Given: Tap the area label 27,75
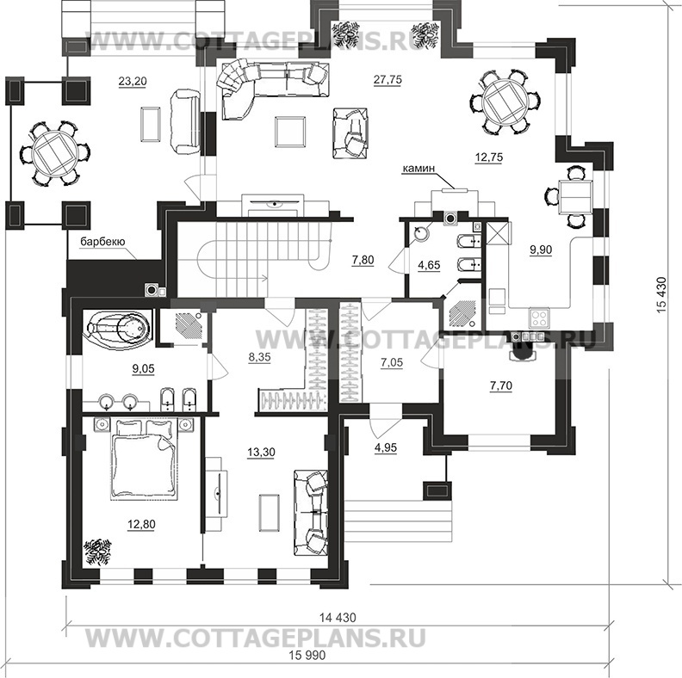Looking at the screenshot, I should [x=389, y=80].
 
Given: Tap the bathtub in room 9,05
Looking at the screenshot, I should [x=119, y=328].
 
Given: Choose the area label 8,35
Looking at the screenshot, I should [x=259, y=357].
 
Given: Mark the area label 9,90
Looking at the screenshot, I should [x=542, y=250].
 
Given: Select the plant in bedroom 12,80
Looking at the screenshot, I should [x=97, y=549].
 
